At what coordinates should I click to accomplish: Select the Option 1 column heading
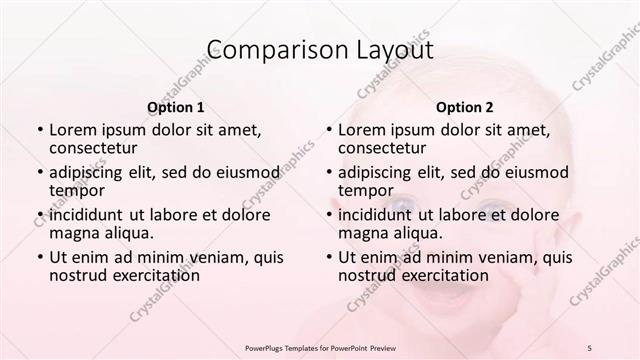[176, 107]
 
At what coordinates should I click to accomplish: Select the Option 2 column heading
[465, 107]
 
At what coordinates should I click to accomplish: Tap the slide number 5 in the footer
[591, 347]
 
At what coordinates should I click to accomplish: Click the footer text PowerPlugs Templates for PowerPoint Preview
[319, 347]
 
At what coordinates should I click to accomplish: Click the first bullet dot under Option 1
[39, 130]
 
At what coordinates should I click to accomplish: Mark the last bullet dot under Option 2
[328, 257]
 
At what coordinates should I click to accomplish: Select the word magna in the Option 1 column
[72, 233]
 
